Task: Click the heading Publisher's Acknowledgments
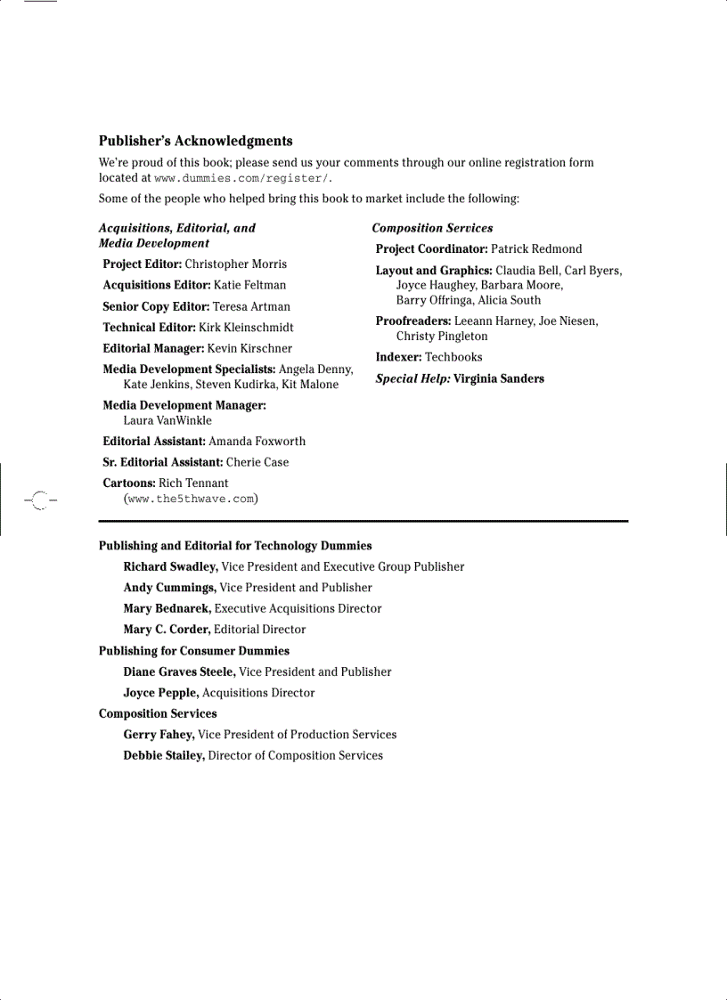(x=195, y=141)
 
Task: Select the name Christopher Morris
(x=235, y=264)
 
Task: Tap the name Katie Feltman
(x=249, y=285)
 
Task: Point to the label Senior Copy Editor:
(x=156, y=306)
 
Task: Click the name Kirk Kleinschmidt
(x=246, y=328)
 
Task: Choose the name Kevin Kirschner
(x=249, y=348)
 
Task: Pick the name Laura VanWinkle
(x=167, y=420)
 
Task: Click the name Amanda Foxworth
(x=257, y=441)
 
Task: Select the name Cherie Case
(x=257, y=462)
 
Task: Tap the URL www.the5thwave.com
(x=191, y=499)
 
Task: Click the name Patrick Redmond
(x=535, y=249)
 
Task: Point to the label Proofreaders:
(x=413, y=321)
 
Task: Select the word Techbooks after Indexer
(x=453, y=357)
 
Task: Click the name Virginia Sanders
(x=498, y=378)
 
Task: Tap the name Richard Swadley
(x=169, y=566)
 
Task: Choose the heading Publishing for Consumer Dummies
(x=193, y=651)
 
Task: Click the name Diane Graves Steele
(x=178, y=672)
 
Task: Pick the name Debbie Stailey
(x=163, y=756)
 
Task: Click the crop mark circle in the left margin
(x=39, y=500)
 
